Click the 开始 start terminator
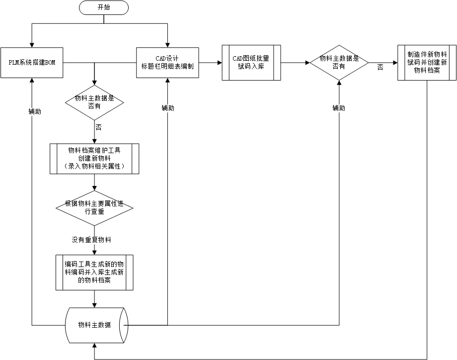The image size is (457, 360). tap(103, 7)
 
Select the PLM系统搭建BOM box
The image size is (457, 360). tap(32, 63)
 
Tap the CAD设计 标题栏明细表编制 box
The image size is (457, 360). tap(167, 63)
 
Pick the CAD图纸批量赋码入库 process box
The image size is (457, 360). tap(251, 63)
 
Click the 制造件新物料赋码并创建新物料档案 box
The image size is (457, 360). tap(427, 63)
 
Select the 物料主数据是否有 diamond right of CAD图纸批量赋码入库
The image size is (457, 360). tap(339, 63)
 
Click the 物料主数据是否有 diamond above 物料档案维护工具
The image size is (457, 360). tap(94, 102)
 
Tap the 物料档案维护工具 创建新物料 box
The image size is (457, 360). tap(94, 159)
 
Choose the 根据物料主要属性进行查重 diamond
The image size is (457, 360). tap(94, 208)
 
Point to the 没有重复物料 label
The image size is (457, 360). tap(91, 240)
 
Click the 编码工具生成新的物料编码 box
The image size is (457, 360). tap(94, 272)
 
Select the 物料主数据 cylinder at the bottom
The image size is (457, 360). tap(97, 325)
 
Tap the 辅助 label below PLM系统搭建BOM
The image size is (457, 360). tap(35, 112)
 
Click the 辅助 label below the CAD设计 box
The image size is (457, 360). tap(168, 108)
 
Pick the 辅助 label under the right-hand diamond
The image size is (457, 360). tap(339, 108)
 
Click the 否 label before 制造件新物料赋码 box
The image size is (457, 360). tap(380, 67)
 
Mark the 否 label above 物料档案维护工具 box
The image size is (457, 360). tap(98, 128)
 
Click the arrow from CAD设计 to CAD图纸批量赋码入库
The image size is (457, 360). tap(210, 63)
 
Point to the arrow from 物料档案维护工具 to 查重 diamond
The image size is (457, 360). tap(94, 182)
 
